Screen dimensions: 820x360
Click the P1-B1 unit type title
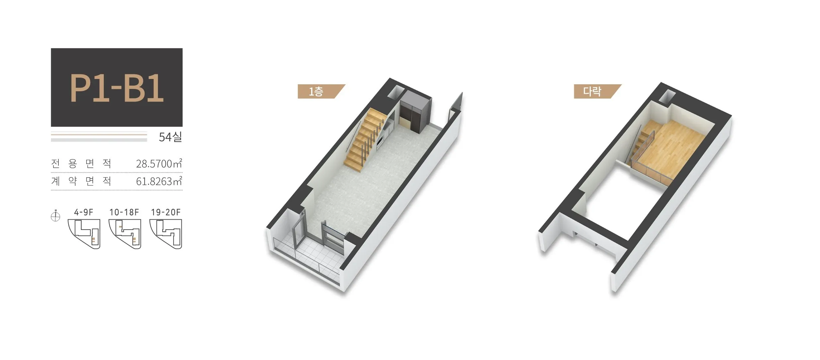[x=117, y=88]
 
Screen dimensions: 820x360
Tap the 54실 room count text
[x=171, y=137]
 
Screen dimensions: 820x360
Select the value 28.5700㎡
[x=159, y=164]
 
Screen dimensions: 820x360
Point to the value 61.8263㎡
[x=159, y=181]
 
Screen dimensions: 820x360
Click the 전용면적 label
[x=81, y=164]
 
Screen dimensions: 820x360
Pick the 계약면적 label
[x=81, y=181]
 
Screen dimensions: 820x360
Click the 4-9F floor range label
[x=84, y=212]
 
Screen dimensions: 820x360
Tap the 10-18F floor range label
[x=124, y=212]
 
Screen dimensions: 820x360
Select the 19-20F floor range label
[x=166, y=212]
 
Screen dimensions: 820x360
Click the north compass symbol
[x=55, y=216]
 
